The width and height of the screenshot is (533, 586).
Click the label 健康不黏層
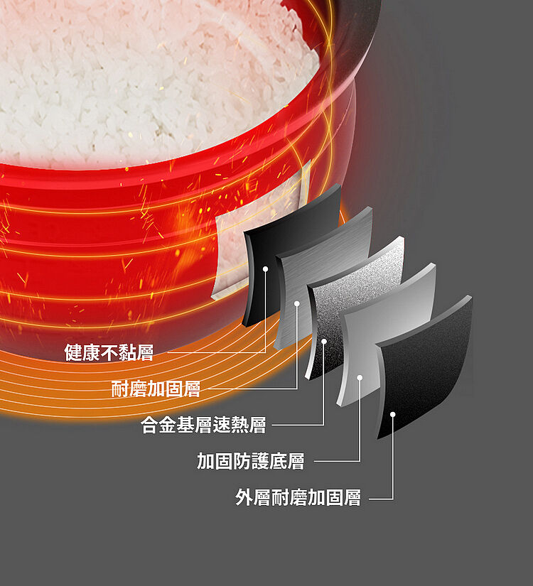(109, 352)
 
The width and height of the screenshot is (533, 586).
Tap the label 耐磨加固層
(156, 389)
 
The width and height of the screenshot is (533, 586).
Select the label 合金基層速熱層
(203, 425)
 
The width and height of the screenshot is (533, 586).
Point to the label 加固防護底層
(251, 461)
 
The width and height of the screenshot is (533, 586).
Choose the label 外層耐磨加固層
(298, 497)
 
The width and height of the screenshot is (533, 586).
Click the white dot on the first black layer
(265, 268)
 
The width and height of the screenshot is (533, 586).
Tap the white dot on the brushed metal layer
(296, 303)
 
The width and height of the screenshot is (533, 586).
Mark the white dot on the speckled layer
(324, 341)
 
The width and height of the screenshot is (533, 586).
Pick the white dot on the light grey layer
(360, 377)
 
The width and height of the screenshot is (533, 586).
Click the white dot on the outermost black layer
(392, 414)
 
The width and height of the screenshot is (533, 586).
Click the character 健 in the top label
(73, 352)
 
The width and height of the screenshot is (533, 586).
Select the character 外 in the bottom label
(244, 497)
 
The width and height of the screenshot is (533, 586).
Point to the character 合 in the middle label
(150, 425)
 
